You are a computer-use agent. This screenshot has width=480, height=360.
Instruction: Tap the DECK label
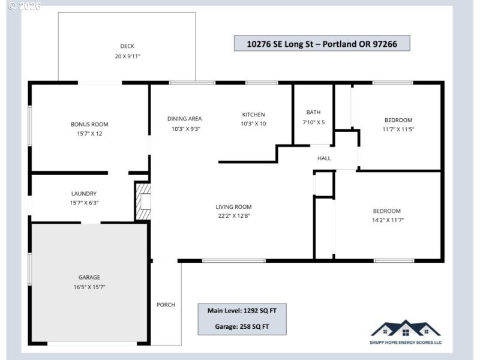tap(127, 46)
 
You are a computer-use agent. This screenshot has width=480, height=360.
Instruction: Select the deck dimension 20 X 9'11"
tap(127, 56)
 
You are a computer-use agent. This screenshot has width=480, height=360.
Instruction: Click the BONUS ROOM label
tap(89, 124)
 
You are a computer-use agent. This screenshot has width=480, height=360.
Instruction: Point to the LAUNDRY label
tap(83, 194)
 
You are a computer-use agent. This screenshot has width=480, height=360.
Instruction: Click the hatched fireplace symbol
tap(143, 202)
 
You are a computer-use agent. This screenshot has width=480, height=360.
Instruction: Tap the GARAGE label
tap(89, 277)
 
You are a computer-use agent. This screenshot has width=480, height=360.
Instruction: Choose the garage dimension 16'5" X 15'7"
tap(89, 287)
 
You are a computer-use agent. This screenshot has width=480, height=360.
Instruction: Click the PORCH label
tap(166, 305)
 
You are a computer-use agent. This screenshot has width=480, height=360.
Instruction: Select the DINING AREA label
tap(184, 119)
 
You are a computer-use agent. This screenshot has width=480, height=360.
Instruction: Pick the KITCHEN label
tap(253, 115)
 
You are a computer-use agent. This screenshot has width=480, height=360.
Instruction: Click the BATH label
tap(313, 112)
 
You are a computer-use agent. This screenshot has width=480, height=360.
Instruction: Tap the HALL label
tap(324, 158)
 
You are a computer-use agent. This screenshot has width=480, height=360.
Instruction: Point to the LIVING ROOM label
tap(233, 207)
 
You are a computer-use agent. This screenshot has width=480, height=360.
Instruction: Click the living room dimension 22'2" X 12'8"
tap(233, 216)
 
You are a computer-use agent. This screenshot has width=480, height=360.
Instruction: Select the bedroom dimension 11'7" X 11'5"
tap(398, 129)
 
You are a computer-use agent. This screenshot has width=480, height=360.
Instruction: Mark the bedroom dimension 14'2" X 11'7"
tap(386, 220)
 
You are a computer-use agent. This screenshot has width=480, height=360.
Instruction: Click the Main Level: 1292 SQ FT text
tap(242, 311)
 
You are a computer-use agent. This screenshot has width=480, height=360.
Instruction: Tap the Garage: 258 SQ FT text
tap(242, 327)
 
